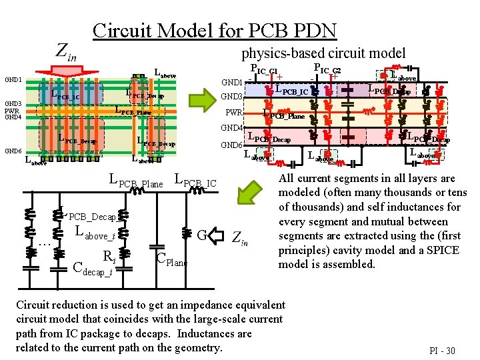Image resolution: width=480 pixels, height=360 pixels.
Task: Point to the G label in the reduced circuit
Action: tap(203, 235)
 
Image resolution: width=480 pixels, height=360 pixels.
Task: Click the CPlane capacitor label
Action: tap(171, 261)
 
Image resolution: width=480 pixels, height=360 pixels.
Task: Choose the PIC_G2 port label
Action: tap(327, 69)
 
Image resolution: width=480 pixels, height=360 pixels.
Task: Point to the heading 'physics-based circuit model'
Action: tap(323, 52)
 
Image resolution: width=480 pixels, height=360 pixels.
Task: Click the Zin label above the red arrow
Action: tap(65, 51)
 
